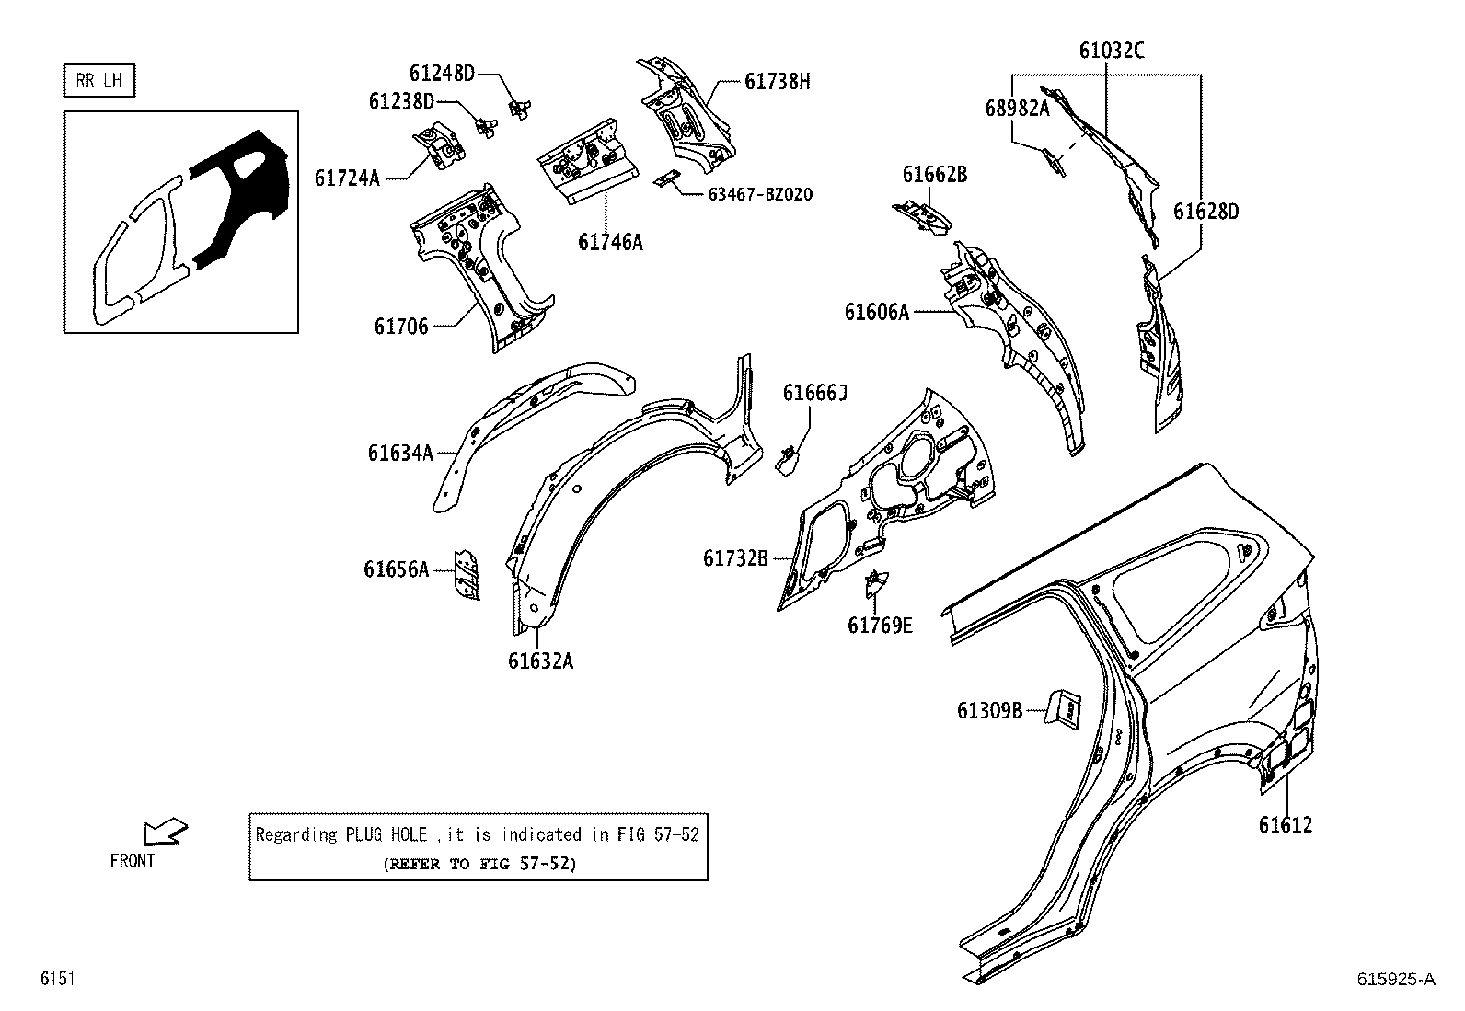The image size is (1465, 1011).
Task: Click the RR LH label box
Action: (99, 81)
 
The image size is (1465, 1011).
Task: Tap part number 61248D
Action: (442, 73)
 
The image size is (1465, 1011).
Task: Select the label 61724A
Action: (347, 178)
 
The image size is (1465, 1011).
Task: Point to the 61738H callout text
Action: (778, 82)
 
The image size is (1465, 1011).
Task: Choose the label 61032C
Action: (1112, 51)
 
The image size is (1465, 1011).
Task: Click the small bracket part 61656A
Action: (467, 576)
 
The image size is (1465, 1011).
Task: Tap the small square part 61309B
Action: (1066, 709)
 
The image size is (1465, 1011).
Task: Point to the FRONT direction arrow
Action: (166, 833)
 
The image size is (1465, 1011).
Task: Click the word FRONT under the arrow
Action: (133, 862)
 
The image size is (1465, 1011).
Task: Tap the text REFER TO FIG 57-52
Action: (479, 864)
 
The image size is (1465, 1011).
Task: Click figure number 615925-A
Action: (1395, 980)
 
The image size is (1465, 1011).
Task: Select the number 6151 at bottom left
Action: (56, 980)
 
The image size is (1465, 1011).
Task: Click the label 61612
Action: (1286, 825)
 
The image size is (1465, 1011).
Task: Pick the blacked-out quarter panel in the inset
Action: (237, 198)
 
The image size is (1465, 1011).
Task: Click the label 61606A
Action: (876, 313)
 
